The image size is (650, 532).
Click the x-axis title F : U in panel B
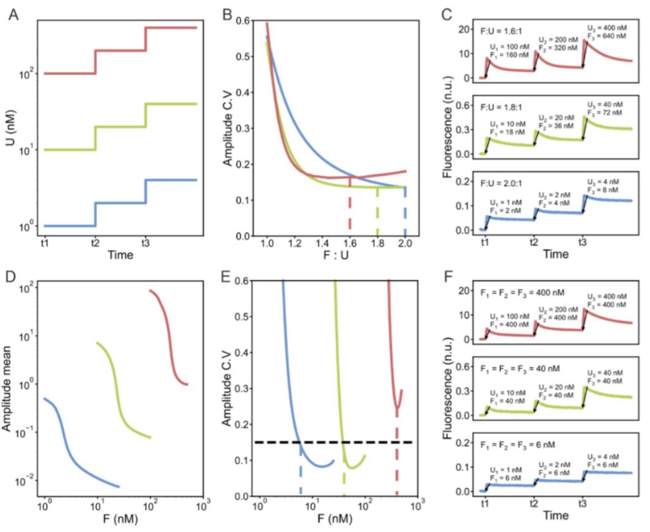coord(336,259)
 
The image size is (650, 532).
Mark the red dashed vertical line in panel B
coord(350,214)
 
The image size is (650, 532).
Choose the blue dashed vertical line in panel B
coord(405,214)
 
